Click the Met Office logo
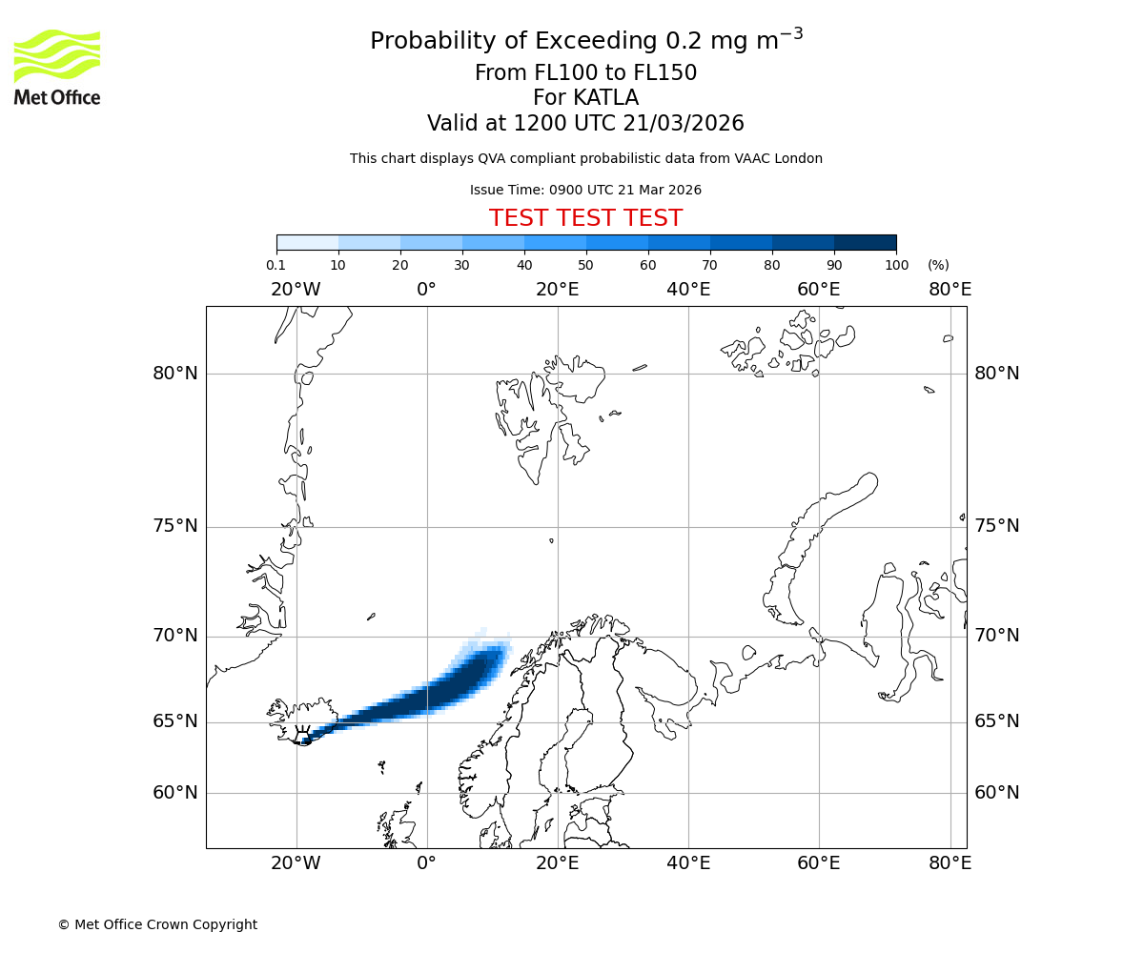[x=57, y=67]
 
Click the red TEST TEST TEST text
[x=585, y=219]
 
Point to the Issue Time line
[x=585, y=191]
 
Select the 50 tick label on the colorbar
[x=585, y=266]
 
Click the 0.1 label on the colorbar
[x=276, y=266]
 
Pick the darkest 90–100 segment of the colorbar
[x=865, y=242]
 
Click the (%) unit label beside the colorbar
[x=938, y=266]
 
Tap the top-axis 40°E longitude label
[x=688, y=290]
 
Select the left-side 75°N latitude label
[x=175, y=526]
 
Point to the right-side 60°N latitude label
[x=996, y=793]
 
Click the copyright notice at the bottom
[x=157, y=925]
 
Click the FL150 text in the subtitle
[x=664, y=73]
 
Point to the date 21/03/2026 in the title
[x=684, y=124]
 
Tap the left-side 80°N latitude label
[x=175, y=374]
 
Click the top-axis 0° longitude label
[x=426, y=290]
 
